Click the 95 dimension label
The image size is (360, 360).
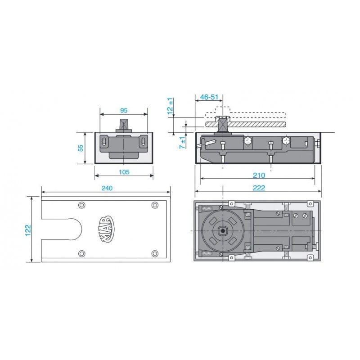click(x=123, y=109)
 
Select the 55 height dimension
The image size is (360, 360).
click(x=81, y=148)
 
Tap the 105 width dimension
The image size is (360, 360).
click(x=124, y=172)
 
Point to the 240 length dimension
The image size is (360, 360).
click(x=106, y=188)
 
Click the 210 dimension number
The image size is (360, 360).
click(x=259, y=175)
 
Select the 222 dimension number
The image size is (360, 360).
click(x=259, y=188)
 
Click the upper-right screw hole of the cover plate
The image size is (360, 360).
click(x=155, y=205)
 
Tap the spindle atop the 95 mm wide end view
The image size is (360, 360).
click(x=124, y=124)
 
